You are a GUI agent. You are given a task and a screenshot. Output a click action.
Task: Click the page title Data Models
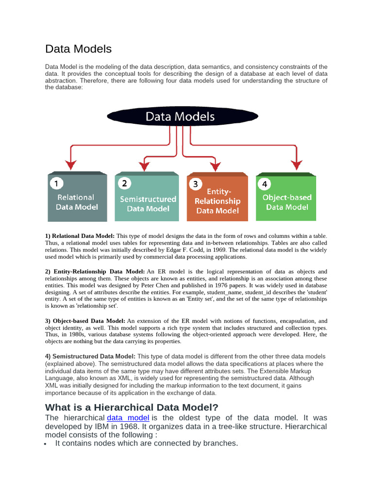78,49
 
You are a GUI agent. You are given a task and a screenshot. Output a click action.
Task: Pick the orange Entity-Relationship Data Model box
217,198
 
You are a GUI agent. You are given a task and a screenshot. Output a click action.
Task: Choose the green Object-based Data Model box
286,198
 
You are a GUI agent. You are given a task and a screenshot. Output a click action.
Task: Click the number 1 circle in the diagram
57,183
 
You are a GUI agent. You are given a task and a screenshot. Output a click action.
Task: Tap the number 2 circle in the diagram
124,183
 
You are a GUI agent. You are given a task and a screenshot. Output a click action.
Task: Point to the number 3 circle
195,184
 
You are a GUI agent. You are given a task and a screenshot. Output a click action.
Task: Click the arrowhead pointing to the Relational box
71,165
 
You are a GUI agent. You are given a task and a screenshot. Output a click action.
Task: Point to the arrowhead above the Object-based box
294,165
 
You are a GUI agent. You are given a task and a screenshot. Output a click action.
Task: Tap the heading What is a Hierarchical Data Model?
132,407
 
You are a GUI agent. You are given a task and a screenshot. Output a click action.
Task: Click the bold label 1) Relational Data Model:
80,235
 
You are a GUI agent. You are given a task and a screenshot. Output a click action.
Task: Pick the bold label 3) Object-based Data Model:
85,321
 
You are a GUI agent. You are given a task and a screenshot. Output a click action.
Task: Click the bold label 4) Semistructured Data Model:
90,356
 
